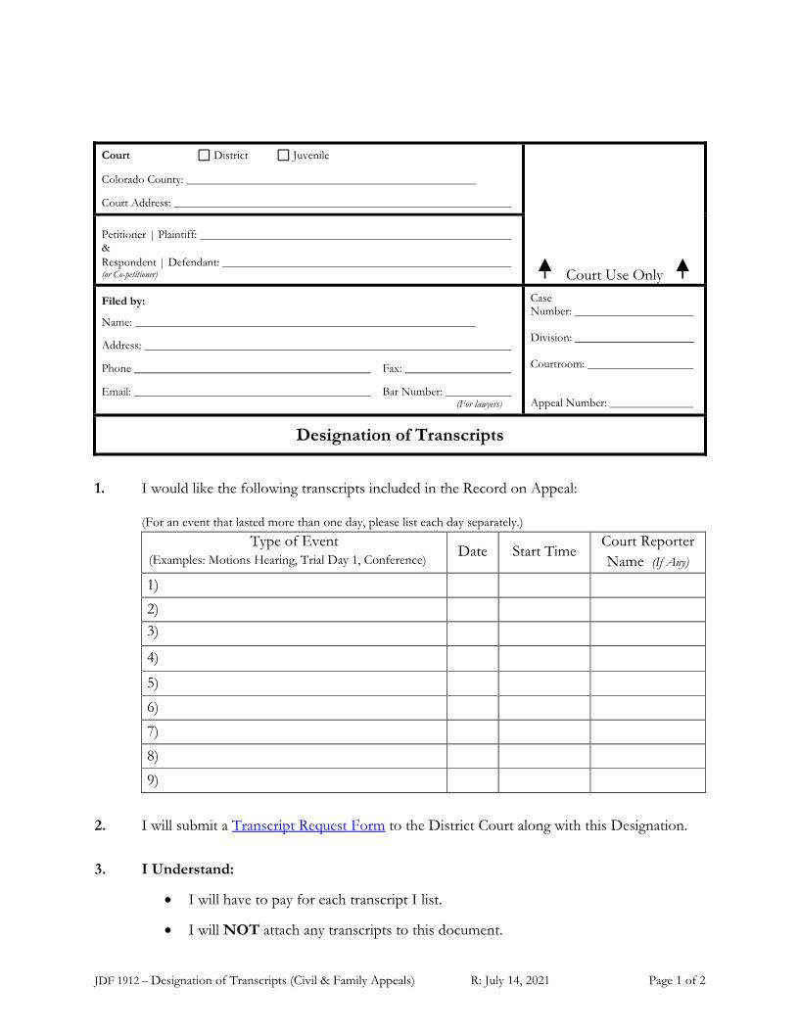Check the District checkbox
pyautogui.click(x=204, y=155)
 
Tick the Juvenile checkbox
pyautogui.click(x=284, y=155)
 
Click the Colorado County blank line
pyautogui.click(x=331, y=181)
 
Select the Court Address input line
pyautogui.click(x=342, y=205)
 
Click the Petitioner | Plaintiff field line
pyautogui.click(x=355, y=236)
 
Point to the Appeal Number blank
pyautogui.click(x=651, y=404)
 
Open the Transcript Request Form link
pyautogui.click(x=308, y=825)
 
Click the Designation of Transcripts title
pyautogui.click(x=399, y=435)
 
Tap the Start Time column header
pyautogui.click(x=543, y=551)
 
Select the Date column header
pyautogui.click(x=472, y=551)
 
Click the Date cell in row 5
pyautogui.click(x=472, y=682)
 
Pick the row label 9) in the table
pyautogui.click(x=153, y=780)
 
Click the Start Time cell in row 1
pyautogui.click(x=543, y=585)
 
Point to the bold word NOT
pyautogui.click(x=241, y=930)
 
